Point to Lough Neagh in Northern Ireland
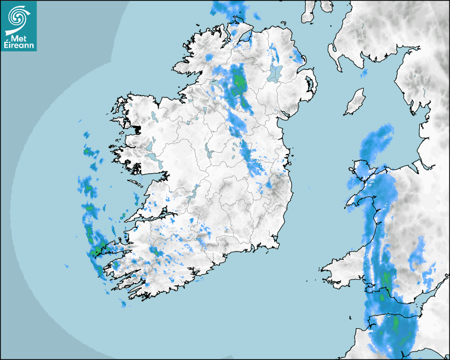275,73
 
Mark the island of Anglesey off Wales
361,172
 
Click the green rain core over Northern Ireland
239,81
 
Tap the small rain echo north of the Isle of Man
364,73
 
